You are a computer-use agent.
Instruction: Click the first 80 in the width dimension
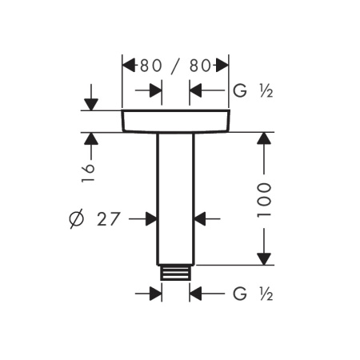pyautogui.click(x=150, y=66)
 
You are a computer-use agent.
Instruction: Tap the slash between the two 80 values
pyautogui.click(x=176, y=66)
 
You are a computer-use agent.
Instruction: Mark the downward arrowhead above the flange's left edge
pyautogui.click(x=91, y=104)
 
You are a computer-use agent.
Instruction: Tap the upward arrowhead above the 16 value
pyautogui.click(x=91, y=139)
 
